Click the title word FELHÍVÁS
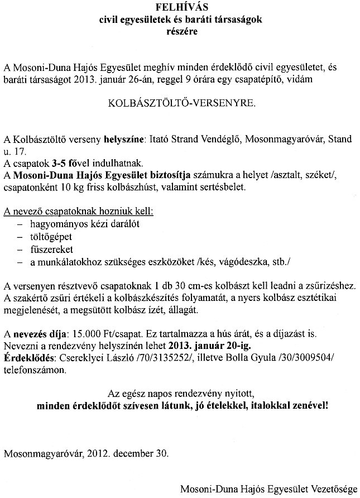tap(180, 8)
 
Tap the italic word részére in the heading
tap(180, 31)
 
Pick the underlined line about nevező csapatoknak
tap(78, 212)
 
